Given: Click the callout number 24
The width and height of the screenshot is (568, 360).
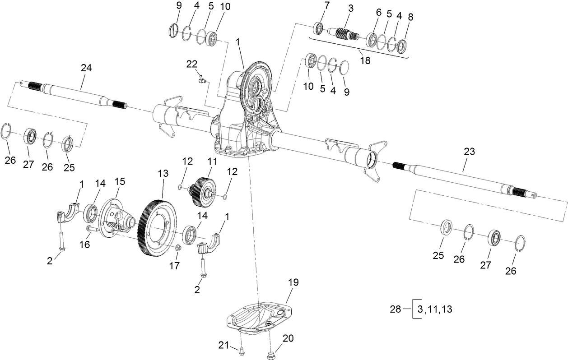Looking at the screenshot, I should [86, 68].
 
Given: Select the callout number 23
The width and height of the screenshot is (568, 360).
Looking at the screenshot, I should [470, 152].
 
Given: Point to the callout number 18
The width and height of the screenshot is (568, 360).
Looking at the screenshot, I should [365, 60].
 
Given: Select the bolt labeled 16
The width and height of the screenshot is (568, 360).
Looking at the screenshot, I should [92, 230].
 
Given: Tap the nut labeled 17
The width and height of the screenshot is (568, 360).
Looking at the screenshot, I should [178, 248].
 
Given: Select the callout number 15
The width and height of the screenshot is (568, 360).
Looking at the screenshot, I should [120, 181].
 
